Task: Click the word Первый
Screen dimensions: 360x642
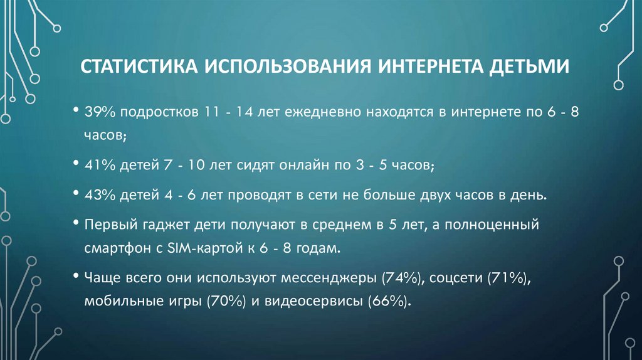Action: [x=105, y=225]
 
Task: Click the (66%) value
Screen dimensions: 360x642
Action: [x=390, y=301]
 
